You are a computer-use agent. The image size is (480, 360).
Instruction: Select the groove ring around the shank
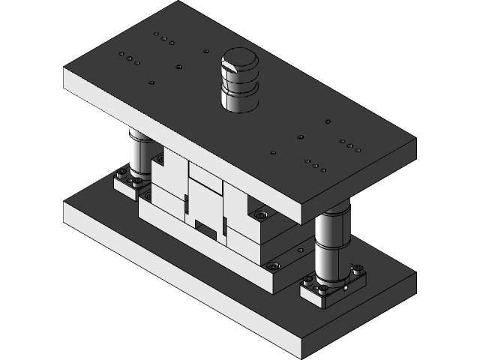coord(238,88)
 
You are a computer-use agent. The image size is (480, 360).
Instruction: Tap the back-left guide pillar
coord(139,154)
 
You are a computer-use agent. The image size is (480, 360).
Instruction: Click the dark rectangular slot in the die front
coord(204,224)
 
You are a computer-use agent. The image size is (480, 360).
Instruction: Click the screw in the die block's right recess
coord(260,215)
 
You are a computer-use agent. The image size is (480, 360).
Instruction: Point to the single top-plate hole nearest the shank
coord(206,52)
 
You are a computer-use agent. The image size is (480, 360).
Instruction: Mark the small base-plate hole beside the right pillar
coord(301,250)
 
